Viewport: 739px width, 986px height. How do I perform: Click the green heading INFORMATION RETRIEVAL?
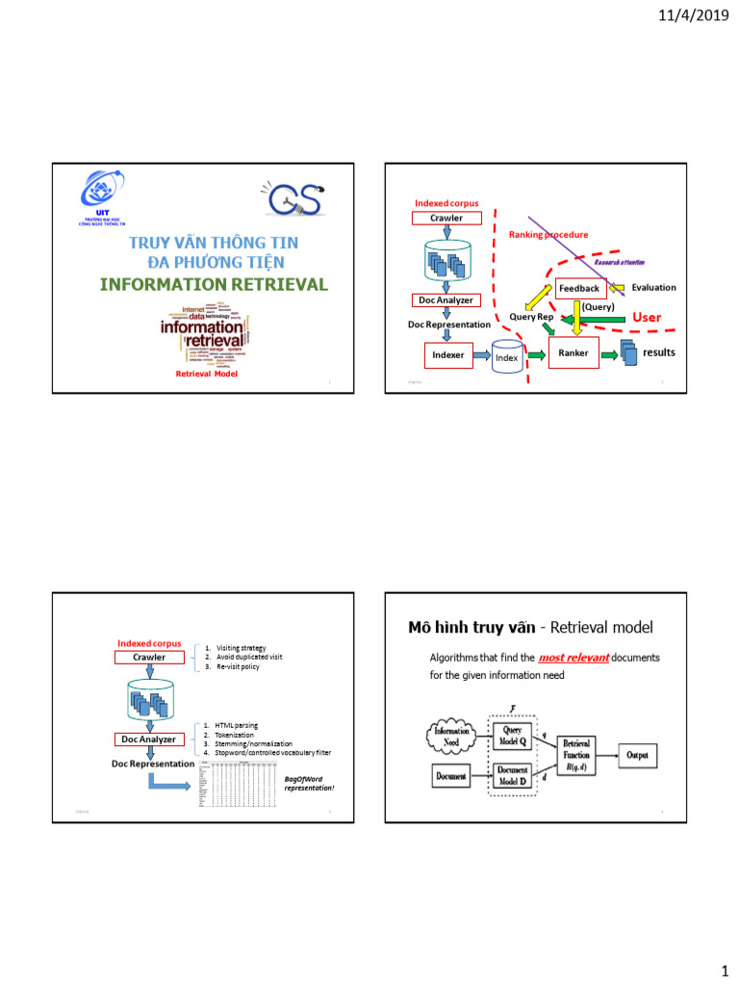214,284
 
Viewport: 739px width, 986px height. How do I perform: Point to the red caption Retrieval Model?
206,374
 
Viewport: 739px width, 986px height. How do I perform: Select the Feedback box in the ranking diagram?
579,288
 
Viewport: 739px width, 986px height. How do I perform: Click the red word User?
646,317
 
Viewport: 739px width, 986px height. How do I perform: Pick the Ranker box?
573,352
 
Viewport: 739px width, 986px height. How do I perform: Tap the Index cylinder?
506,356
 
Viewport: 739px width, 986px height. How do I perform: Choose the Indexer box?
447,355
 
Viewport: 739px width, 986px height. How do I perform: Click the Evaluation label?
653,287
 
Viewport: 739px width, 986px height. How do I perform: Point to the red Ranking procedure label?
548,234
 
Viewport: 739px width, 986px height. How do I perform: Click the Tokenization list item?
235,734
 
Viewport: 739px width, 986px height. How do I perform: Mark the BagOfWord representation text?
309,783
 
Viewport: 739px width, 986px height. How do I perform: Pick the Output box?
637,756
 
